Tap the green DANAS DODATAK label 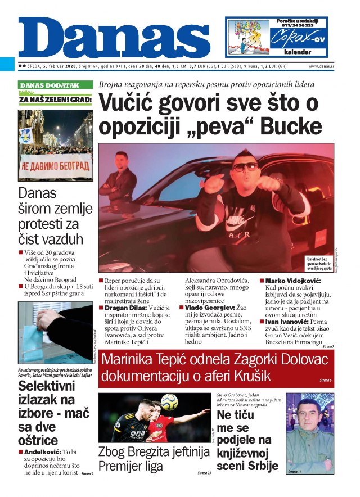click(49, 85)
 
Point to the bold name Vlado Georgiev click(210, 309)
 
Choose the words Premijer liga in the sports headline click(130, 466)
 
